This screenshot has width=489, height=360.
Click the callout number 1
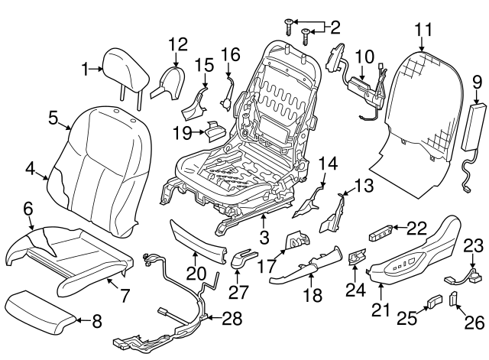click(x=86, y=69)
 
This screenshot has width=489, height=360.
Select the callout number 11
click(x=424, y=30)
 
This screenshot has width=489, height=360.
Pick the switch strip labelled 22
click(x=385, y=230)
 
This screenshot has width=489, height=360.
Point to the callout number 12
click(x=177, y=44)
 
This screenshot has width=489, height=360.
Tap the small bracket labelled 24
click(x=356, y=259)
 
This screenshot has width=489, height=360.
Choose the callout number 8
click(x=96, y=322)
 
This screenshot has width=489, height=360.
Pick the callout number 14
click(x=327, y=163)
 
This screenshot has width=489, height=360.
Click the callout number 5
click(x=53, y=118)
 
